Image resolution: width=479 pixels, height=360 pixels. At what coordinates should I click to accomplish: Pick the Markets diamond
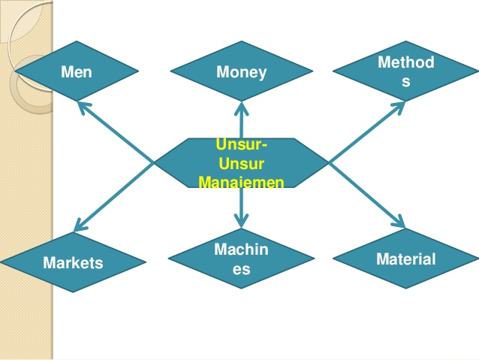73,262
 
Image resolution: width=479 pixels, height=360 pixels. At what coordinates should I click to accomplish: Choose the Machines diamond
240,258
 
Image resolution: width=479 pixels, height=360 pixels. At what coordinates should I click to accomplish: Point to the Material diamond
405,259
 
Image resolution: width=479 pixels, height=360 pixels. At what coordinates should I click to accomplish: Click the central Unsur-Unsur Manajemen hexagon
241,162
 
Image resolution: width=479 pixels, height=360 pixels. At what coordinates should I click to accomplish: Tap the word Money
241,73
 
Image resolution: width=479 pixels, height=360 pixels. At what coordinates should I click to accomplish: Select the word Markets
73,263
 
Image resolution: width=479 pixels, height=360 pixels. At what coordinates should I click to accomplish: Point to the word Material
405,259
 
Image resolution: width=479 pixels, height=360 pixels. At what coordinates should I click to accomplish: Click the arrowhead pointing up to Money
241,107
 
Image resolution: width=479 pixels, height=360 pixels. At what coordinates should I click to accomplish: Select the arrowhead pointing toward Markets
79,225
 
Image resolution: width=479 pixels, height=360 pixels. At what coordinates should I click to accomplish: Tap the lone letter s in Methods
406,80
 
